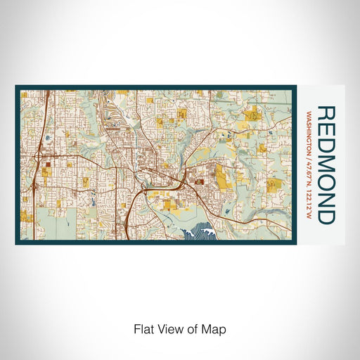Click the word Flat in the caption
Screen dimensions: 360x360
tap(143, 328)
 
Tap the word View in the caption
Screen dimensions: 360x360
tap(171, 328)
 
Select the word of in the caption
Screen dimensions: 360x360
tap(194, 328)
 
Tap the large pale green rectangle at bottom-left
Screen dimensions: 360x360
tap(34, 221)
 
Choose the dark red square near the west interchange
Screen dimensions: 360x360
tap(49, 166)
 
